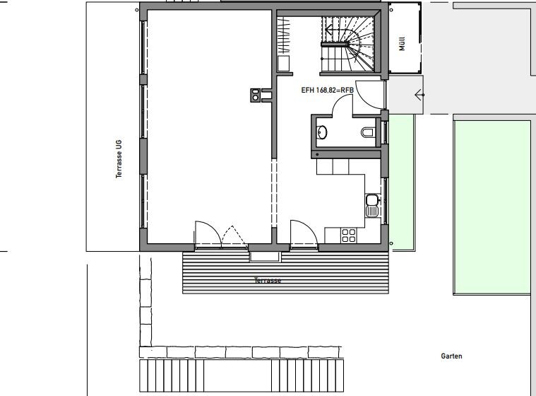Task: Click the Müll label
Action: tap(402, 44)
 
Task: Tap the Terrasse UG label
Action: tap(119, 159)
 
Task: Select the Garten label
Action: tap(451, 356)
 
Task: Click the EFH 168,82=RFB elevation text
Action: tap(327, 90)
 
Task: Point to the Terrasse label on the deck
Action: tap(268, 281)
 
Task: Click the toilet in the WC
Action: tap(368, 132)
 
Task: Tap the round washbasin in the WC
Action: tap(321, 132)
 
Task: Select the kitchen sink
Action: tap(372, 205)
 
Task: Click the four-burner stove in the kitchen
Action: tap(348, 235)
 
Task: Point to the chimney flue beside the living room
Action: tap(255, 95)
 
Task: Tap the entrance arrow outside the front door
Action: tap(419, 95)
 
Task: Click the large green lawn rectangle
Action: tap(492, 207)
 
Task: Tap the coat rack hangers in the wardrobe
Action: tap(283, 35)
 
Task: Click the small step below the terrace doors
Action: tap(265, 257)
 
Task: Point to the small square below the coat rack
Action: tap(283, 64)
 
